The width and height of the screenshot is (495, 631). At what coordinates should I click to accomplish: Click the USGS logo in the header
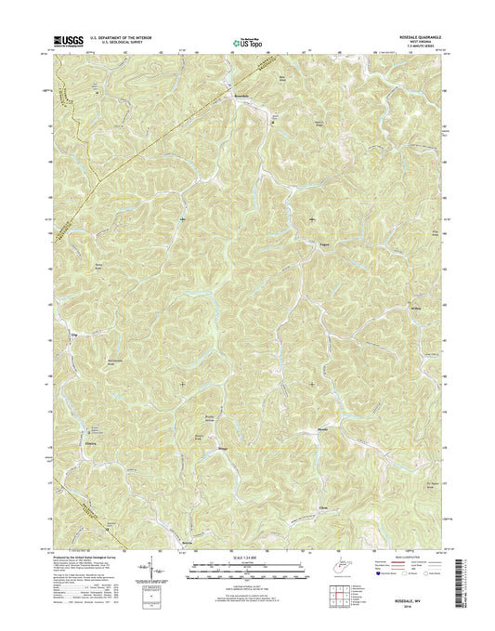coord(70,41)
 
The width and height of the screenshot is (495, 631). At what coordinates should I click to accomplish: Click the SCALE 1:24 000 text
coord(246,560)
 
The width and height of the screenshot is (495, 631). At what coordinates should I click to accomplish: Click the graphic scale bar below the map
coord(246,570)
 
